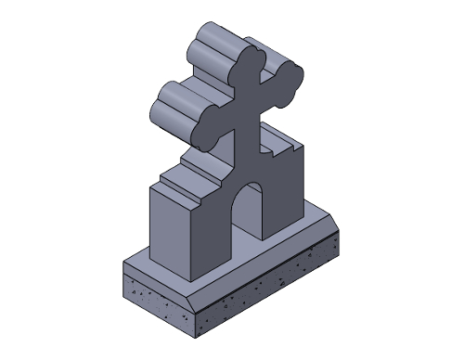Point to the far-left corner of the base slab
pos(123,262)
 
